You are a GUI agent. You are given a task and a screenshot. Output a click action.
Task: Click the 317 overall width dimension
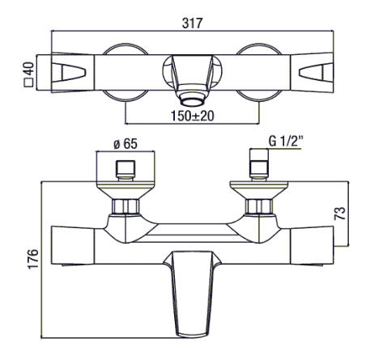192,23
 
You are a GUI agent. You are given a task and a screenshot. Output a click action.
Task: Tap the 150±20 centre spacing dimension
193,116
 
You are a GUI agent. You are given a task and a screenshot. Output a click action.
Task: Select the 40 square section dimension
29,69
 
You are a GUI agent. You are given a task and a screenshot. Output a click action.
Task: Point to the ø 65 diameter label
125,143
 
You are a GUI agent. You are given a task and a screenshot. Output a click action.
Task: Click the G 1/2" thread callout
286,141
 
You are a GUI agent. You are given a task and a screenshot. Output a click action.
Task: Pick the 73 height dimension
340,214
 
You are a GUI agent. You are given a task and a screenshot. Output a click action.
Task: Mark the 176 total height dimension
33,259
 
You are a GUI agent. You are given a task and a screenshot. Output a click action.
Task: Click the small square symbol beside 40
28,83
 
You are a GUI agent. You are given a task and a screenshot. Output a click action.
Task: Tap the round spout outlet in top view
192,102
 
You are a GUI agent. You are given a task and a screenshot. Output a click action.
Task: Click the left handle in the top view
73,73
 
